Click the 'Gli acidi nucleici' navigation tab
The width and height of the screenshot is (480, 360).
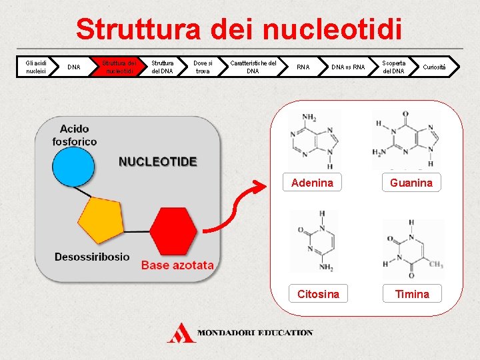point(35,67)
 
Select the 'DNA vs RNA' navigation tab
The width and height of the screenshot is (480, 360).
point(349,67)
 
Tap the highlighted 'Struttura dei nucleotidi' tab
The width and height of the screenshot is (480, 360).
point(118,67)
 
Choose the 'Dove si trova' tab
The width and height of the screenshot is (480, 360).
point(201,67)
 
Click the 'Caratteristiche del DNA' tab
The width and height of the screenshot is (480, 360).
point(253,67)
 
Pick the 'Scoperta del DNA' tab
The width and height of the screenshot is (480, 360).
point(393,67)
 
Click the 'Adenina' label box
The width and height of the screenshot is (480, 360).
point(312,183)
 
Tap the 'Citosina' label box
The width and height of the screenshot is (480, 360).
point(318,294)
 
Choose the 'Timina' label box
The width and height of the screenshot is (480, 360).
point(412,294)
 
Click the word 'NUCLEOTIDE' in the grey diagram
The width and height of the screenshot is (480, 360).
point(158,161)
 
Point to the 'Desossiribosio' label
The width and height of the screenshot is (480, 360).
point(92,257)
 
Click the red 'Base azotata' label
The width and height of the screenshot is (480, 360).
point(177,265)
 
